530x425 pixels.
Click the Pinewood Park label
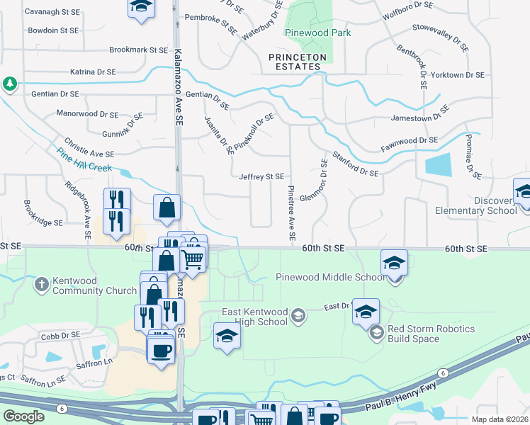(317, 33)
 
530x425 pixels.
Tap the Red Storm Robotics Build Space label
(431, 334)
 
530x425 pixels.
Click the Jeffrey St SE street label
(261, 176)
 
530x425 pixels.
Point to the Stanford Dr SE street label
(355, 162)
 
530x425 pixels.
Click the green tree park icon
(9, 84)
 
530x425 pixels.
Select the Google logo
(23, 416)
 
